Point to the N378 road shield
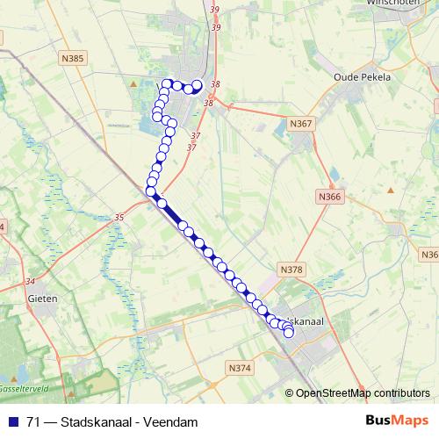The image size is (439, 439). (291, 268)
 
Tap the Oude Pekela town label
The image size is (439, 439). (363, 77)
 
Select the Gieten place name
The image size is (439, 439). (42, 299)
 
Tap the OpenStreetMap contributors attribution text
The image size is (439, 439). (363, 393)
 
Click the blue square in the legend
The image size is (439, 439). (13, 422)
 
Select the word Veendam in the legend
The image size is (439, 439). (171, 422)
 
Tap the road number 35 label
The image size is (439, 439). (119, 217)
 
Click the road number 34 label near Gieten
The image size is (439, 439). (31, 282)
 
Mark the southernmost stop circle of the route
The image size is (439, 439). (288, 333)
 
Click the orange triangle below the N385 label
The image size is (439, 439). (133, 84)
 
